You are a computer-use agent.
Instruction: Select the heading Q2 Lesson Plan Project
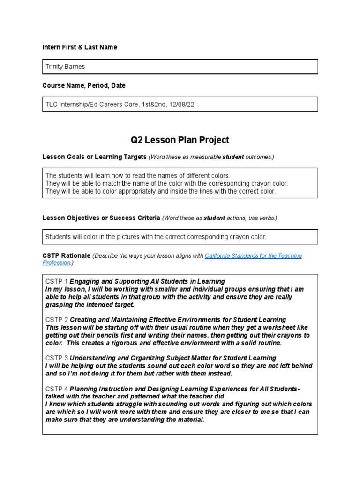click(180, 140)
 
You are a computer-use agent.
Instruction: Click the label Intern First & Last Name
click(80, 47)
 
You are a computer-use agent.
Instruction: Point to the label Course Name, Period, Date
click(83, 86)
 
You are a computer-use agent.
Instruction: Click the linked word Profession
click(57, 263)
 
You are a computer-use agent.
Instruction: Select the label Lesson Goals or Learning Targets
click(94, 157)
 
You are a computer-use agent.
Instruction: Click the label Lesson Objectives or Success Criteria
click(101, 218)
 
